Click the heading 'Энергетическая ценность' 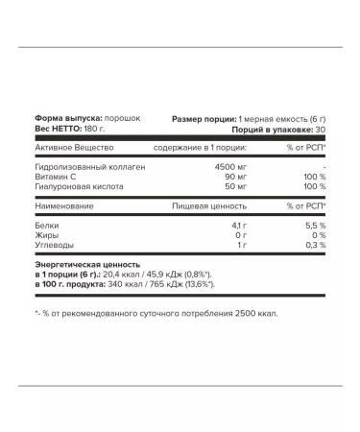point(86,263)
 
